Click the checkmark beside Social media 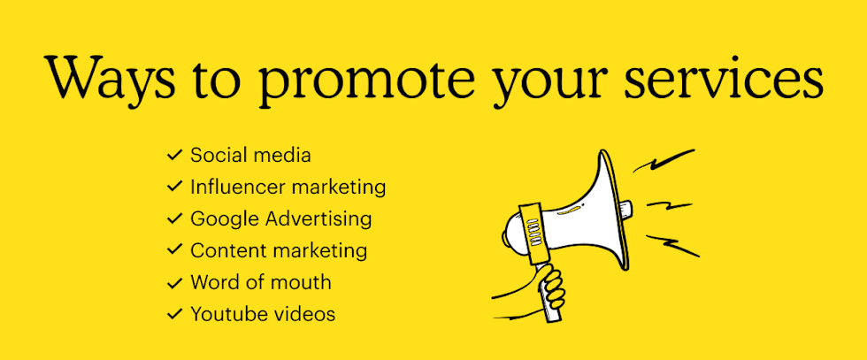(x=175, y=155)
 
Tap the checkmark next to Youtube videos (x=175, y=314)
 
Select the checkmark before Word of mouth (x=175, y=282)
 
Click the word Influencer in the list (x=238, y=187)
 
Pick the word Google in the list (x=226, y=220)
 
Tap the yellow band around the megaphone (x=532, y=234)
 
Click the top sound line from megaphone (x=664, y=160)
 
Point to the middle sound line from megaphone (x=669, y=205)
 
